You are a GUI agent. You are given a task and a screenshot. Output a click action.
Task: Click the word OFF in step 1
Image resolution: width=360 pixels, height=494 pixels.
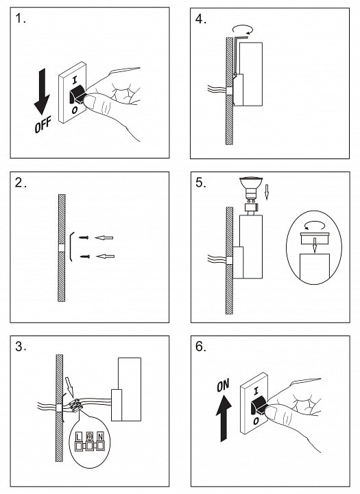[43, 125]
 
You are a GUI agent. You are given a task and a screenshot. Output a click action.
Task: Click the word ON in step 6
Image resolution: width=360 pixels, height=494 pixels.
[223, 385]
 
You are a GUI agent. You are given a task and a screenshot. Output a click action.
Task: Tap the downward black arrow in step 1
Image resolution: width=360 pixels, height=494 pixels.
[42, 92]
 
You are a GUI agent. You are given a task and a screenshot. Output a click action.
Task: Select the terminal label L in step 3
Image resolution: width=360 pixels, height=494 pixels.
[79, 436]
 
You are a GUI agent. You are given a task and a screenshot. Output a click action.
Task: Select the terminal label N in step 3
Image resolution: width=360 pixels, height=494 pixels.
[100, 436]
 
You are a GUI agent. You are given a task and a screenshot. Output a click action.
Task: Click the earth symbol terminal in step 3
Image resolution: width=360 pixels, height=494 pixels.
[90, 436]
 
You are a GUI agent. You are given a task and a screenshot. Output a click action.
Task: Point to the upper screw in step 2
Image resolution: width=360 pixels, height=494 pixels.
[84, 237]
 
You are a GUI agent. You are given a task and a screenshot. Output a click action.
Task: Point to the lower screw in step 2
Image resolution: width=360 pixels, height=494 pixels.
[85, 257]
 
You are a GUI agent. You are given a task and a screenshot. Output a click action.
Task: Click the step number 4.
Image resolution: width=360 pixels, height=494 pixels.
[201, 19]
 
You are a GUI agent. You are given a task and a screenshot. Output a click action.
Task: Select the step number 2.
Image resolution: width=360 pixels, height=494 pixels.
[20, 183]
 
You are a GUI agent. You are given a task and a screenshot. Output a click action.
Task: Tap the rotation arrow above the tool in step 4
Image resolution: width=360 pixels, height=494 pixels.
[243, 30]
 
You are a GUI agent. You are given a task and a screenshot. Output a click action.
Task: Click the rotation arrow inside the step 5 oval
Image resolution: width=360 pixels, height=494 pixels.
[315, 226]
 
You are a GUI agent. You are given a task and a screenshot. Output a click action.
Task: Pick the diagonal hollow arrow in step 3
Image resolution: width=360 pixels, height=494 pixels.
[69, 386]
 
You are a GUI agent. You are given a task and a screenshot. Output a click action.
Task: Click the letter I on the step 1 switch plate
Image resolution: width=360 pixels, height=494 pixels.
[74, 80]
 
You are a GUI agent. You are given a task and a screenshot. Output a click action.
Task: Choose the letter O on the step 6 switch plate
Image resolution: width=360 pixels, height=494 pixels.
[256, 421]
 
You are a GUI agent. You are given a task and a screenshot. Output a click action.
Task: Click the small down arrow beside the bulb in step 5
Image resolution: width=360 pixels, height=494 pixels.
[267, 193]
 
